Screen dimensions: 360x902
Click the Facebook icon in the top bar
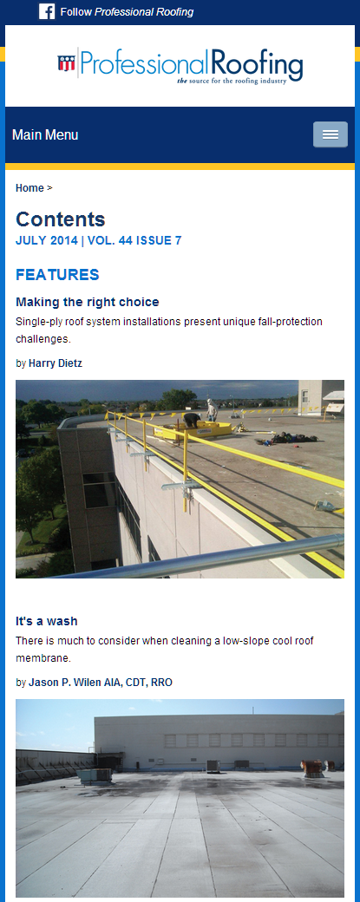click(47, 11)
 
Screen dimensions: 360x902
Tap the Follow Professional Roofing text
click(127, 12)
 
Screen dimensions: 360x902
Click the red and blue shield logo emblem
click(66, 62)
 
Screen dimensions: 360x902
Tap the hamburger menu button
click(331, 134)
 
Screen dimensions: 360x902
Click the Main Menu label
click(45, 135)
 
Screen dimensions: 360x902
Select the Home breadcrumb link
click(29, 188)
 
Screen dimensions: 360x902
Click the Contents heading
click(61, 219)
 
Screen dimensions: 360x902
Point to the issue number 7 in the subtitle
click(179, 240)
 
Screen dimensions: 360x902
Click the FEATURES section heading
click(57, 275)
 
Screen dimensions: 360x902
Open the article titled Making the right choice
click(88, 302)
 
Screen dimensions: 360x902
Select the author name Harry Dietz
click(56, 363)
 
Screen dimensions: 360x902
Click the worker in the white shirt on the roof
click(213, 409)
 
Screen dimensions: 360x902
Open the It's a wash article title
click(47, 621)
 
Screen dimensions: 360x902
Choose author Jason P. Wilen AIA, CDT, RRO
click(101, 683)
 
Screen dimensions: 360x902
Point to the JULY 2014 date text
click(47, 240)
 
